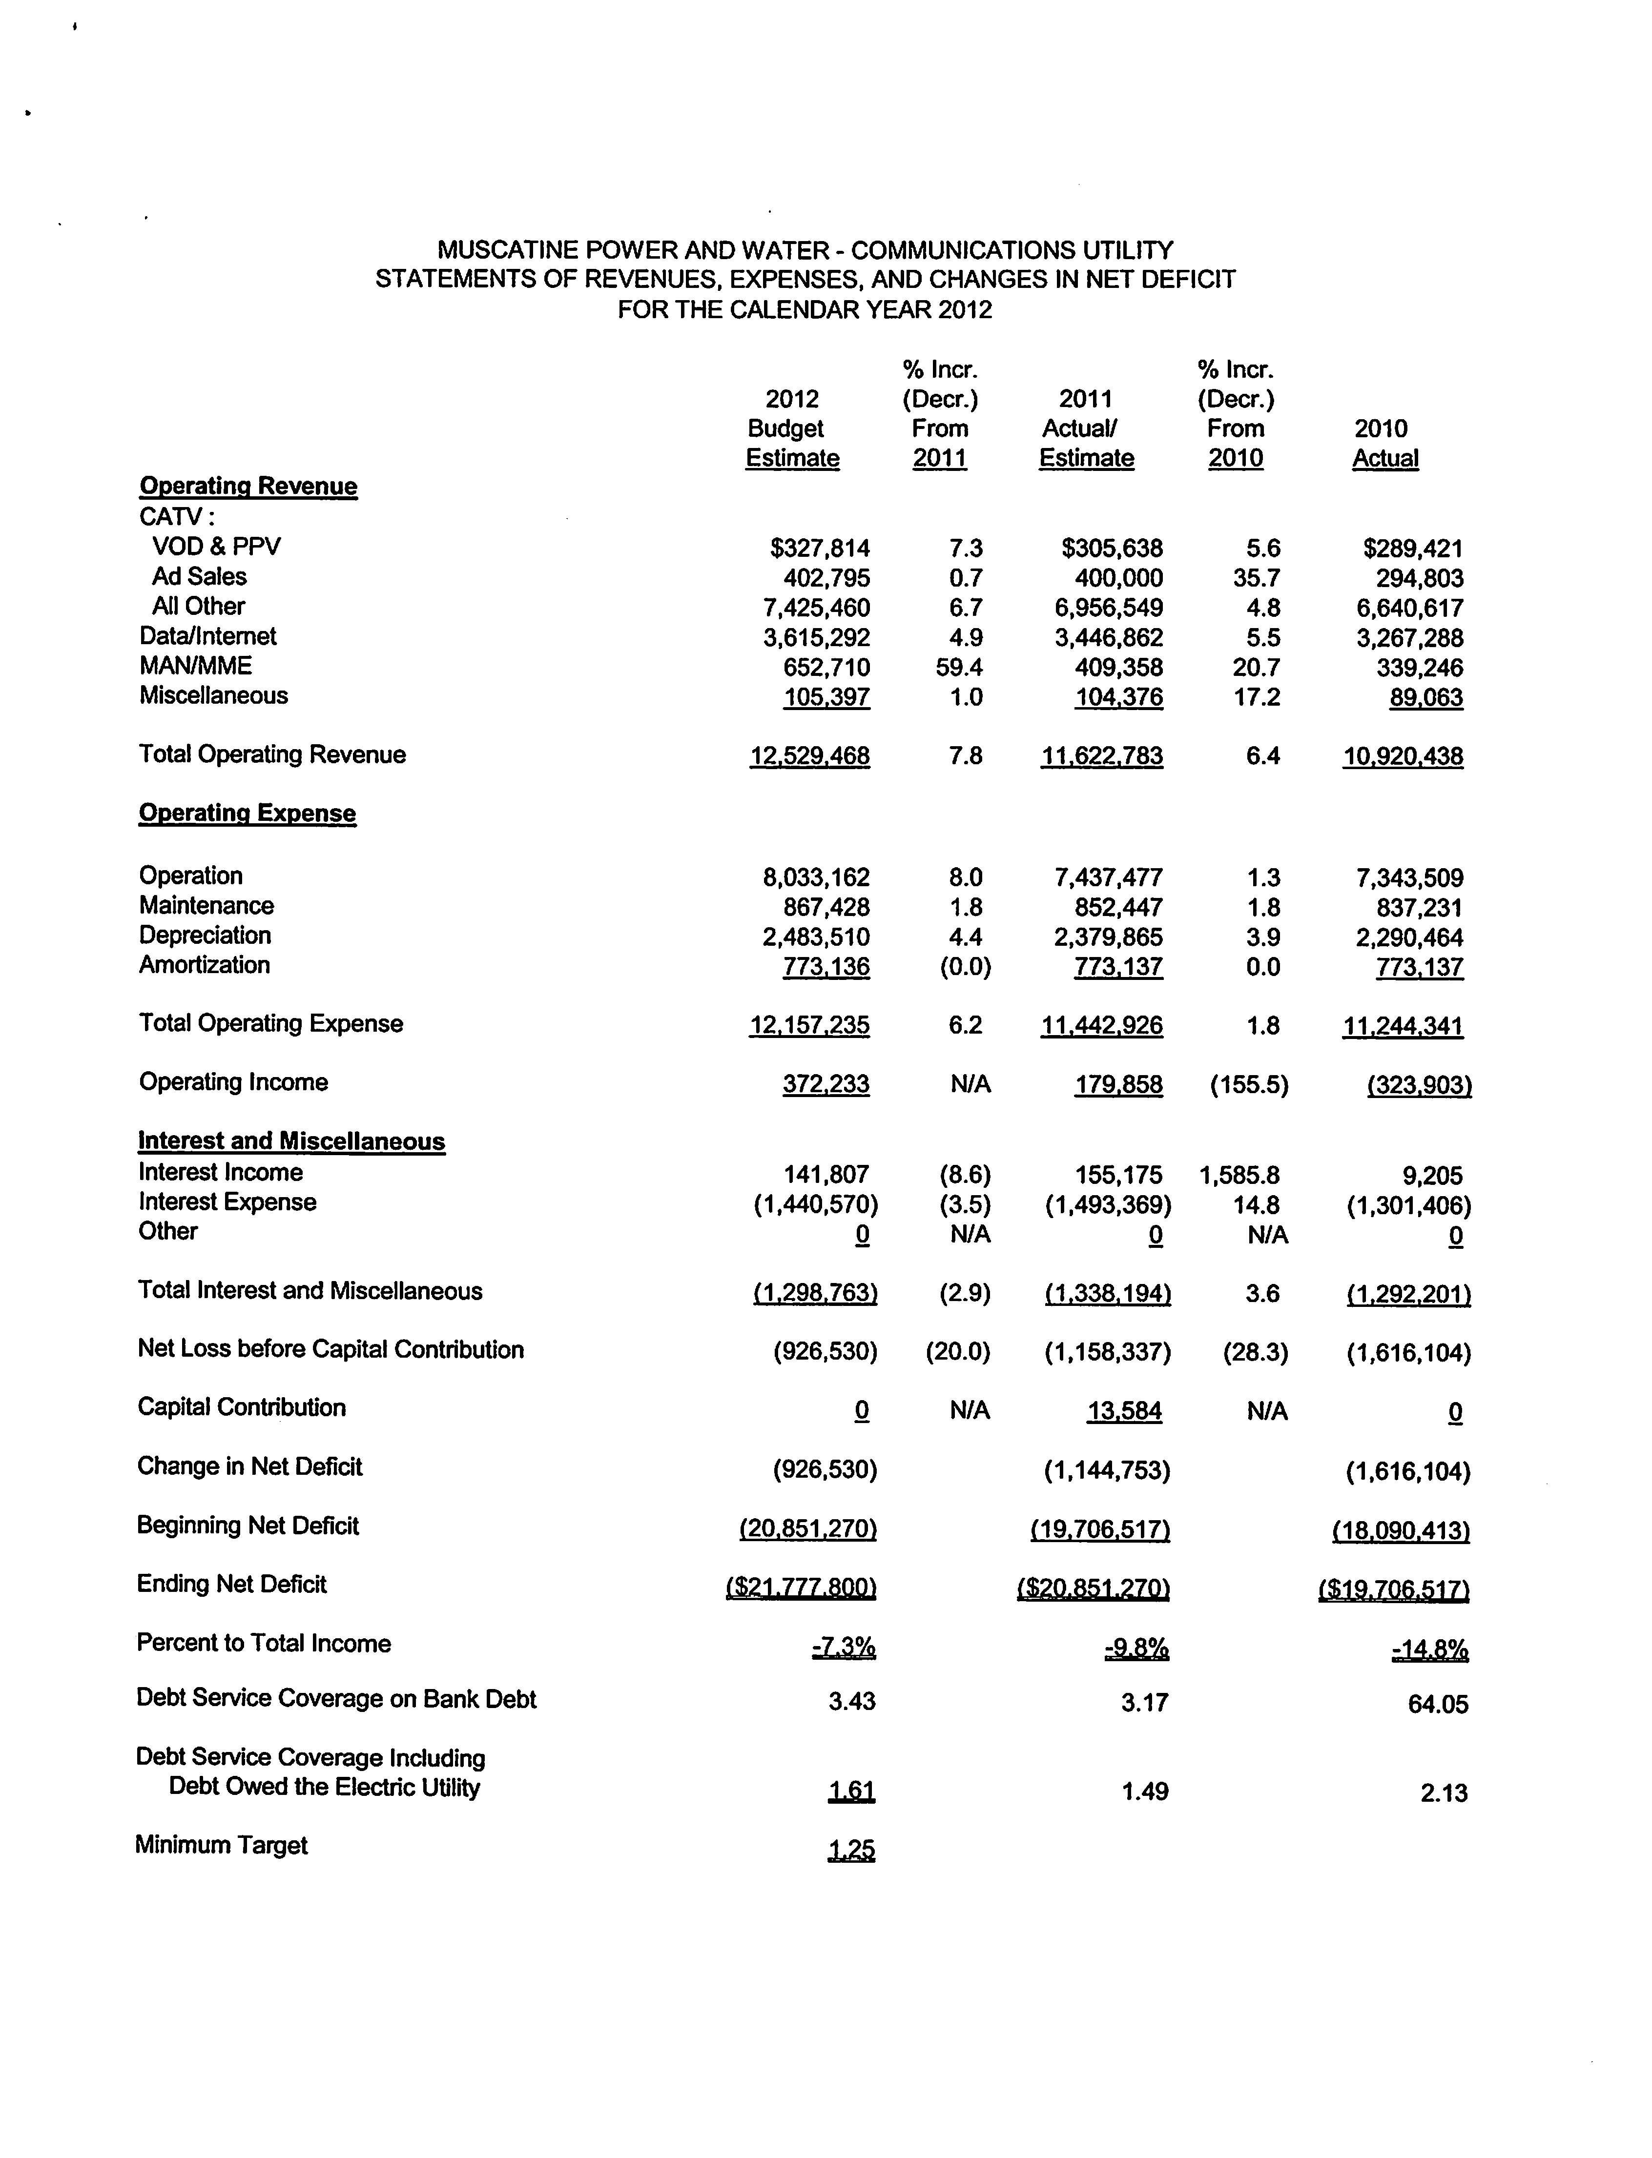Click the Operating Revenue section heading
click(x=248, y=487)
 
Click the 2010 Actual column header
click(x=1384, y=444)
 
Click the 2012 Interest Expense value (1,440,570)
click(x=815, y=1204)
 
